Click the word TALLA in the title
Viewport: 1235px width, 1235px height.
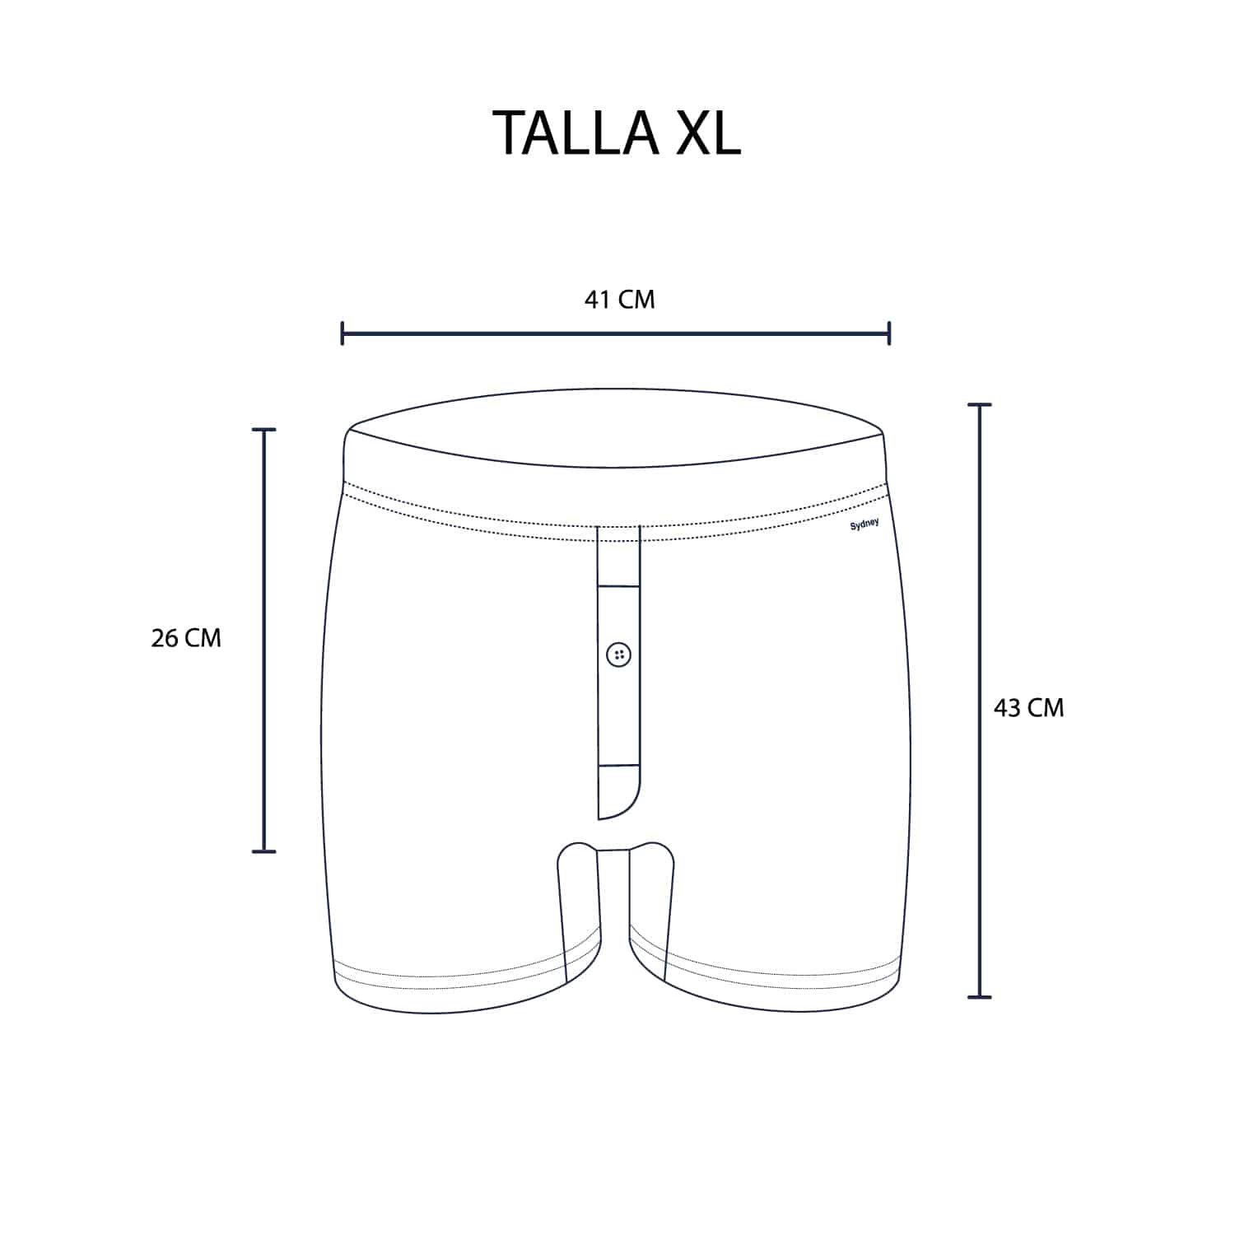[x=576, y=133]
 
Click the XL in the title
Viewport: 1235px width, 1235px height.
[x=708, y=133]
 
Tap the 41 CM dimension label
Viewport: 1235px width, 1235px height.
[x=619, y=300]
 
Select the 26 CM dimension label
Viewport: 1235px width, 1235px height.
[x=186, y=638]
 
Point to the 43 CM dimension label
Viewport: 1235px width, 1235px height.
[x=1028, y=708]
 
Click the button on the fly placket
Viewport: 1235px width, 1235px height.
[x=618, y=655]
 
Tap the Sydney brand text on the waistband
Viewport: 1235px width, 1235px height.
[x=864, y=524]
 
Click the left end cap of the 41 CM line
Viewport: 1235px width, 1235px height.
[x=343, y=333]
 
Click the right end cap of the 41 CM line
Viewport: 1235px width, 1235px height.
[x=889, y=333]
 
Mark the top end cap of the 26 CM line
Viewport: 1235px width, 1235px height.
[x=263, y=430]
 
